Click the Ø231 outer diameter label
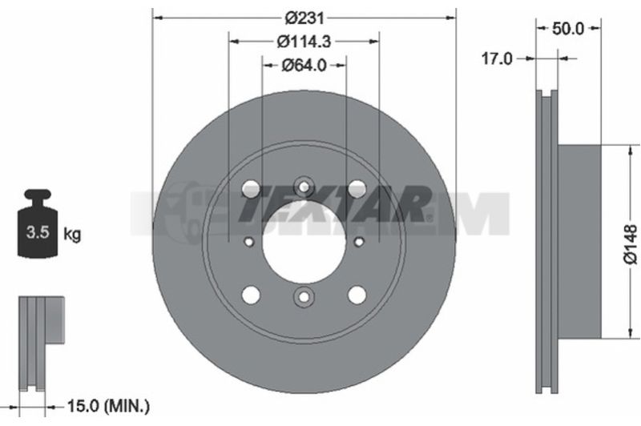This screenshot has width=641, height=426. point(304,18)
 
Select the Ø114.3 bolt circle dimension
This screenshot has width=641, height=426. point(304,42)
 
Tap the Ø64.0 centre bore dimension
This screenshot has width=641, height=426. point(304,66)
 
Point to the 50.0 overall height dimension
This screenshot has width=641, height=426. point(568,29)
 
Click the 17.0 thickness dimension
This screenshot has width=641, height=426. point(497,58)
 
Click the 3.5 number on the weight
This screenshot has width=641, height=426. point(38,232)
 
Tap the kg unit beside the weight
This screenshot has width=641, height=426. point(72,235)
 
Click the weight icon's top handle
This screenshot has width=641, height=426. point(38,195)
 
